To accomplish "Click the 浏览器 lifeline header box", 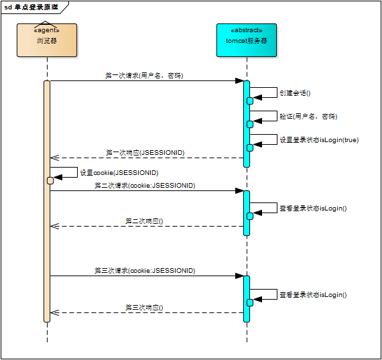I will tap(47, 40).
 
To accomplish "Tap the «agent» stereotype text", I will tap(47, 30).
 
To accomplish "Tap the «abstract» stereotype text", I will tap(247, 30).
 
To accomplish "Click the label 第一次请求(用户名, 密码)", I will tap(144, 76).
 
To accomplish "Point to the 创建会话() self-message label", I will tap(295, 93).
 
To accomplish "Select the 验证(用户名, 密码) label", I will tap(308, 116).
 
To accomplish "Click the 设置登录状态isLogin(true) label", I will tap(318, 139).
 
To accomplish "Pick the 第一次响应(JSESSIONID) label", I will tap(145, 153).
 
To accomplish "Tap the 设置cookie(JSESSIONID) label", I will tap(119, 172).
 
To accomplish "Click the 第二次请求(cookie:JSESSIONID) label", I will tap(145, 185).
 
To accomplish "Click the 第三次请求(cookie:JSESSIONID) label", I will tap(145, 270).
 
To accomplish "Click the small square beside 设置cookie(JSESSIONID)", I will tap(50, 180).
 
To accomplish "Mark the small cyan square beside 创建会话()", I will tap(250, 101).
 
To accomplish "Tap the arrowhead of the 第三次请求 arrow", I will tap(239, 276).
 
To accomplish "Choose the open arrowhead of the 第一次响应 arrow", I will tap(54, 158).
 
